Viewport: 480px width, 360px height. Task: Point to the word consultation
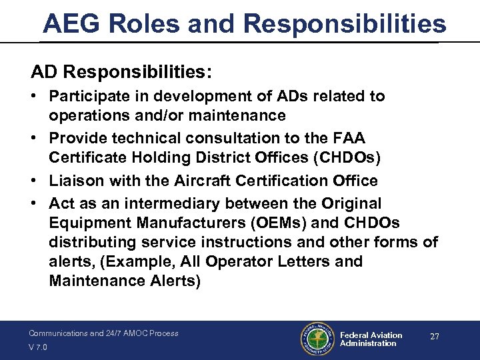(x=223, y=138)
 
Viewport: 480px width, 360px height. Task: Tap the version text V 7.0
(x=38, y=347)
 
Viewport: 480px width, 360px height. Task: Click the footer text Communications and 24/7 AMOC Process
(x=103, y=333)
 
